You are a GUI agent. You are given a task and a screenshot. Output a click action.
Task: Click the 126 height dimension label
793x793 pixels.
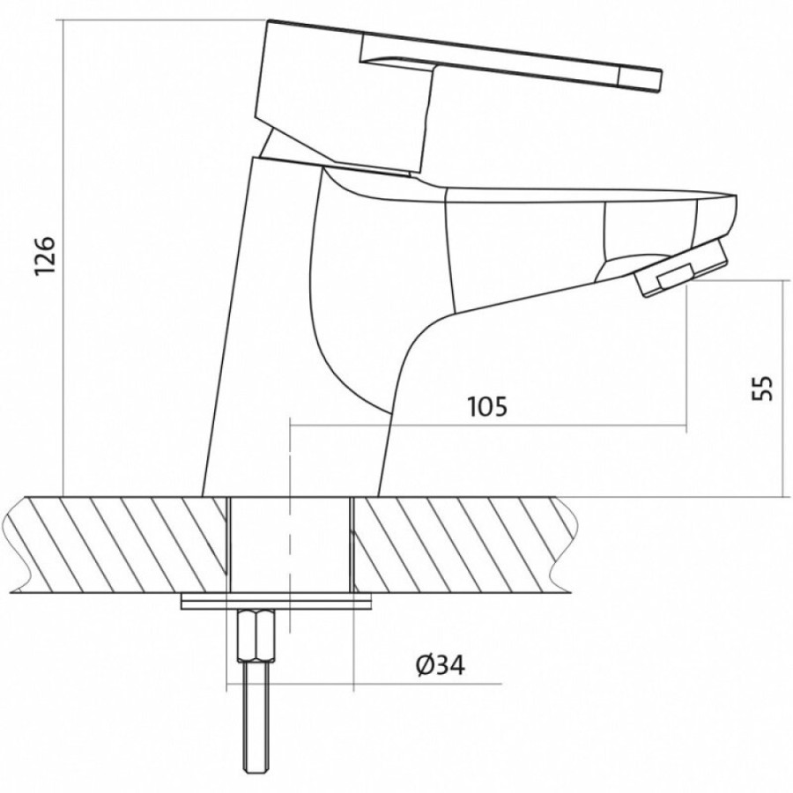[44, 255]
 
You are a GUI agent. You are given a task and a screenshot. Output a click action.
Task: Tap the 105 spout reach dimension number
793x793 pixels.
[486, 406]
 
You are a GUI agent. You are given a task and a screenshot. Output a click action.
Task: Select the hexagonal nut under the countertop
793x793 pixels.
[256, 634]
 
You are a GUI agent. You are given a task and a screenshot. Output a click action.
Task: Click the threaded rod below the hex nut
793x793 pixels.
[256, 726]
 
